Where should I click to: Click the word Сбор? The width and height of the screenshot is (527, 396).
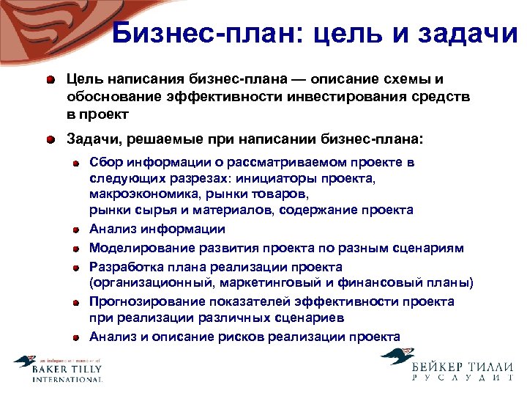(x=106, y=163)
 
